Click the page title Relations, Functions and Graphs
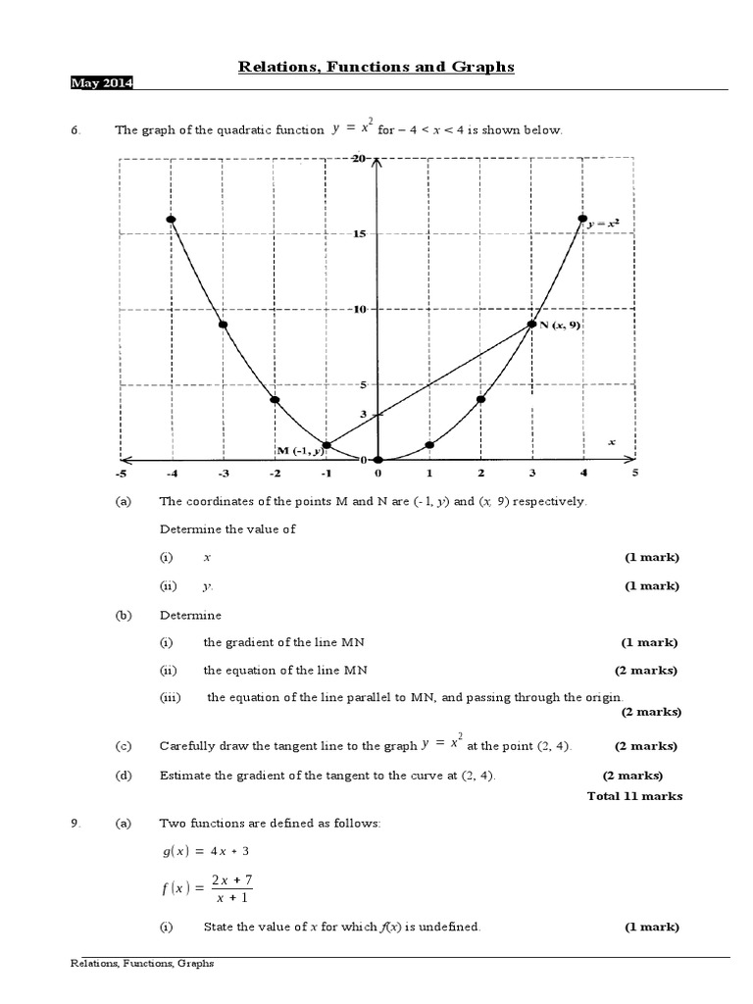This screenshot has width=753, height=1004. (x=376, y=67)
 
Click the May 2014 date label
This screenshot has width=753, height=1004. (x=102, y=83)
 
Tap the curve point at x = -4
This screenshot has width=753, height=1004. (x=171, y=220)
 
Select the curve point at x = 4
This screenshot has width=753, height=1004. (x=582, y=219)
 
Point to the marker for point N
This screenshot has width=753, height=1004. (x=531, y=325)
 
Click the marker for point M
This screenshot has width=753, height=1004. (x=326, y=445)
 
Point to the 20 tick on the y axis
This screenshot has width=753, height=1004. (x=359, y=158)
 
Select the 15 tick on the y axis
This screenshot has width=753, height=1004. (x=359, y=233)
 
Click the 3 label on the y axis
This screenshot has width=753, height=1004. (x=363, y=414)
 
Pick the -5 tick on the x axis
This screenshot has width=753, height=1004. (x=120, y=473)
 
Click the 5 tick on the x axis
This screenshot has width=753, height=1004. (x=634, y=473)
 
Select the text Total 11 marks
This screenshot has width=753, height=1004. (x=634, y=796)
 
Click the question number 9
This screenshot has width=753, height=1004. (x=75, y=824)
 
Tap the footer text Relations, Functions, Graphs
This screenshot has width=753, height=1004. (x=142, y=964)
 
